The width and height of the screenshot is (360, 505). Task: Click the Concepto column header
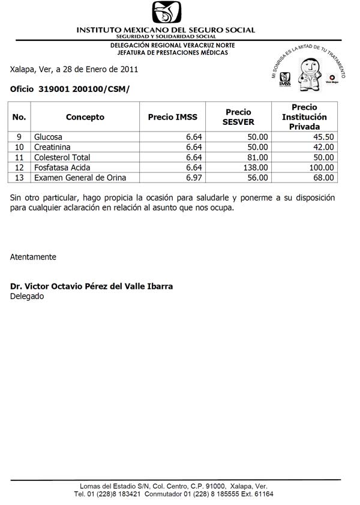coord(85,117)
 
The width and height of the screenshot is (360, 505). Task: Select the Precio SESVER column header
coord(238,117)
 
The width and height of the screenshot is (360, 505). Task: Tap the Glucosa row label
coord(49,137)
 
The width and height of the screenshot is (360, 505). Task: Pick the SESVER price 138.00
coord(255,168)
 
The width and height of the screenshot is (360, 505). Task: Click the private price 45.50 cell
coord(321,137)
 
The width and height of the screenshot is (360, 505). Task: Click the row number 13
coord(19,178)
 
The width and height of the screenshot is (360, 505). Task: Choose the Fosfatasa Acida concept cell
coord(62,168)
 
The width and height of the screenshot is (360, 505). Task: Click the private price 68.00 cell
coord(321,178)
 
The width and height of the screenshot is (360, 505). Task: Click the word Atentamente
coord(33,257)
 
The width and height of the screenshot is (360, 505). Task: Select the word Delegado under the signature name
coord(27,296)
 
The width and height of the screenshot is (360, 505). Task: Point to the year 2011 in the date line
coord(129,69)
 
